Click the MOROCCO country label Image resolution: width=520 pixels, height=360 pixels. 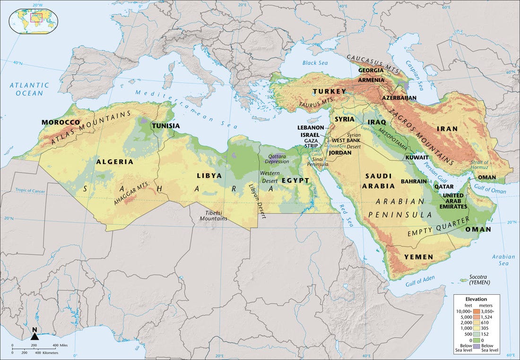[61, 122]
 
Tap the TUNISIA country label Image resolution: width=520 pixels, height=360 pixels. [165, 126]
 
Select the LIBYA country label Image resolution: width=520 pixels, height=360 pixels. [209, 175]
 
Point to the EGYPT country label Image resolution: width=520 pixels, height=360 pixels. [295, 180]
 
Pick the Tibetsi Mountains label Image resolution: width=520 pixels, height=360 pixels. [213, 215]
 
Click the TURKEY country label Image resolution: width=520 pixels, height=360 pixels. [329, 91]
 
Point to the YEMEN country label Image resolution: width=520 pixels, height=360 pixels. [418, 257]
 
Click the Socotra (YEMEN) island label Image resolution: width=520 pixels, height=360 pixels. [479, 279]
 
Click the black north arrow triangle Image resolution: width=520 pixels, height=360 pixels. [35, 336]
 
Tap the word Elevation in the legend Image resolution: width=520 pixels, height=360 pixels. [476, 299]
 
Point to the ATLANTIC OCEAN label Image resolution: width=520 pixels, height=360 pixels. [29, 89]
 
